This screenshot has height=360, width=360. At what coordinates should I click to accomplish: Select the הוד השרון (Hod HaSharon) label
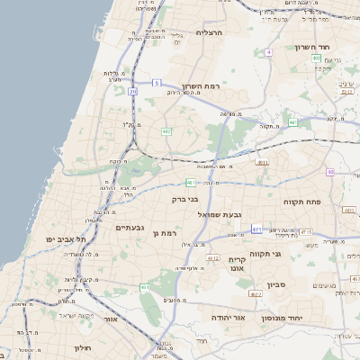pos(314,47)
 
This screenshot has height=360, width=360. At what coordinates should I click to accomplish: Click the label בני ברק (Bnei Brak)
pos(185,199)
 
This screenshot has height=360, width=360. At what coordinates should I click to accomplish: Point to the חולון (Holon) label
pos(85,346)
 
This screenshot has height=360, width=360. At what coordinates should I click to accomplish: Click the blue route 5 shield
pos(156,83)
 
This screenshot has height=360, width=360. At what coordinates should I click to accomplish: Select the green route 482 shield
pos(166,131)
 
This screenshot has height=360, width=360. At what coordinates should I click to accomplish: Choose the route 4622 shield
pos(256,293)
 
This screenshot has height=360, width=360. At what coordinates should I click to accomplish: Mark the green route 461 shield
pos(145,287)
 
